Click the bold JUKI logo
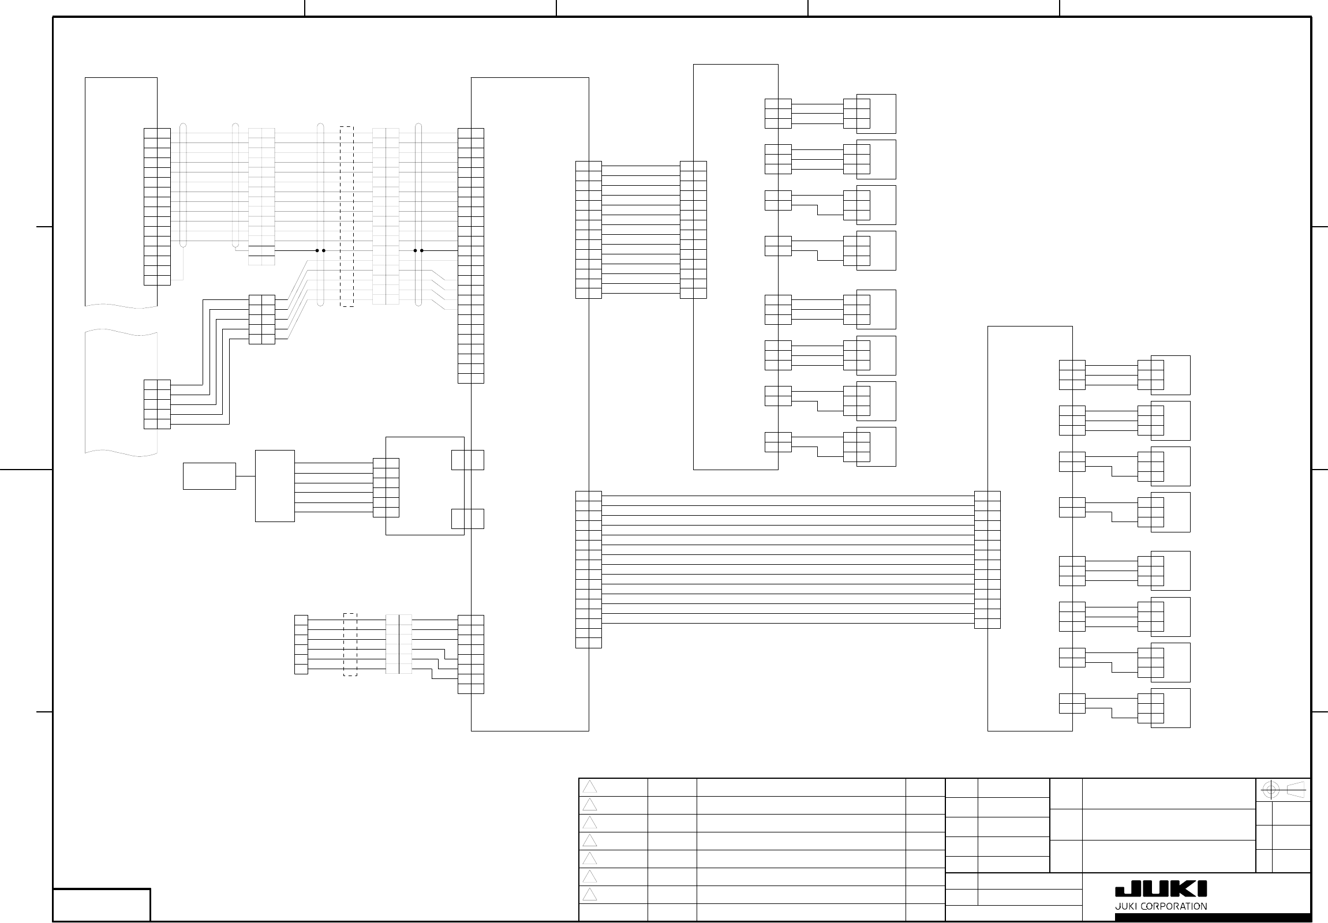(x=1160, y=890)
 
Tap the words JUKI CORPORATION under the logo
(x=1160, y=906)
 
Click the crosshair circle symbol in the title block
(x=1270, y=790)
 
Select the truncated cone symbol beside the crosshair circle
(x=1296, y=790)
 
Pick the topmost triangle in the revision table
(x=589, y=787)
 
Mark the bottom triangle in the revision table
(x=589, y=895)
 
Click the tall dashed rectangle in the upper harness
(x=346, y=216)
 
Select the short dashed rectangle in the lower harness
(x=350, y=644)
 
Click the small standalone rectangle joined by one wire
(x=210, y=476)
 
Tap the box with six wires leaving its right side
(x=275, y=486)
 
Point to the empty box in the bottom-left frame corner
(x=102, y=905)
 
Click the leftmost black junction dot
(x=317, y=250)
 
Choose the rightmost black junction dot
(x=422, y=250)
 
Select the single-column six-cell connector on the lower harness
(x=301, y=644)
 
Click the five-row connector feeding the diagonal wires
(x=262, y=320)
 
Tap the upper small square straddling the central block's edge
(x=467, y=460)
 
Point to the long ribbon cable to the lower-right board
(x=788, y=560)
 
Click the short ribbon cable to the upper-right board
(x=641, y=230)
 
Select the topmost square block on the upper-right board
(x=876, y=114)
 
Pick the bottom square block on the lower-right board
(x=1170, y=708)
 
